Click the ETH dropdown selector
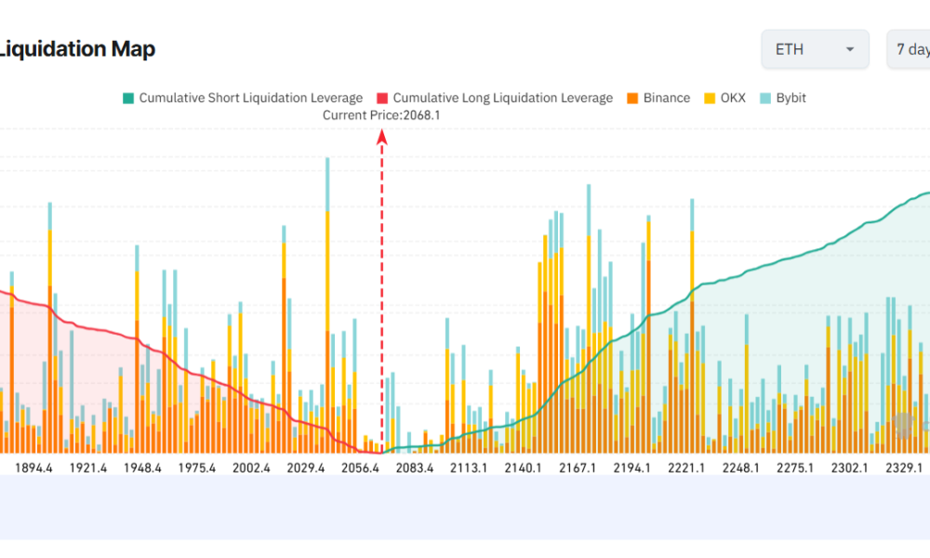coord(815,49)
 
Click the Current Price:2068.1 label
coord(381,115)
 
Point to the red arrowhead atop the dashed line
coord(381,138)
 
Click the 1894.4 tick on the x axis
coord(34,468)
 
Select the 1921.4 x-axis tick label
coord(89,468)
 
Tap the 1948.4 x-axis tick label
coord(143,468)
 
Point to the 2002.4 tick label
coord(252,468)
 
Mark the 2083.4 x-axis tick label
coord(415,468)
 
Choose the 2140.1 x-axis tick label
coord(524,468)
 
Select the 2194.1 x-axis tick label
coord(632,468)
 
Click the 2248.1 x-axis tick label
coord(741,468)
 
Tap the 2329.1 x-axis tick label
coord(904,468)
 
